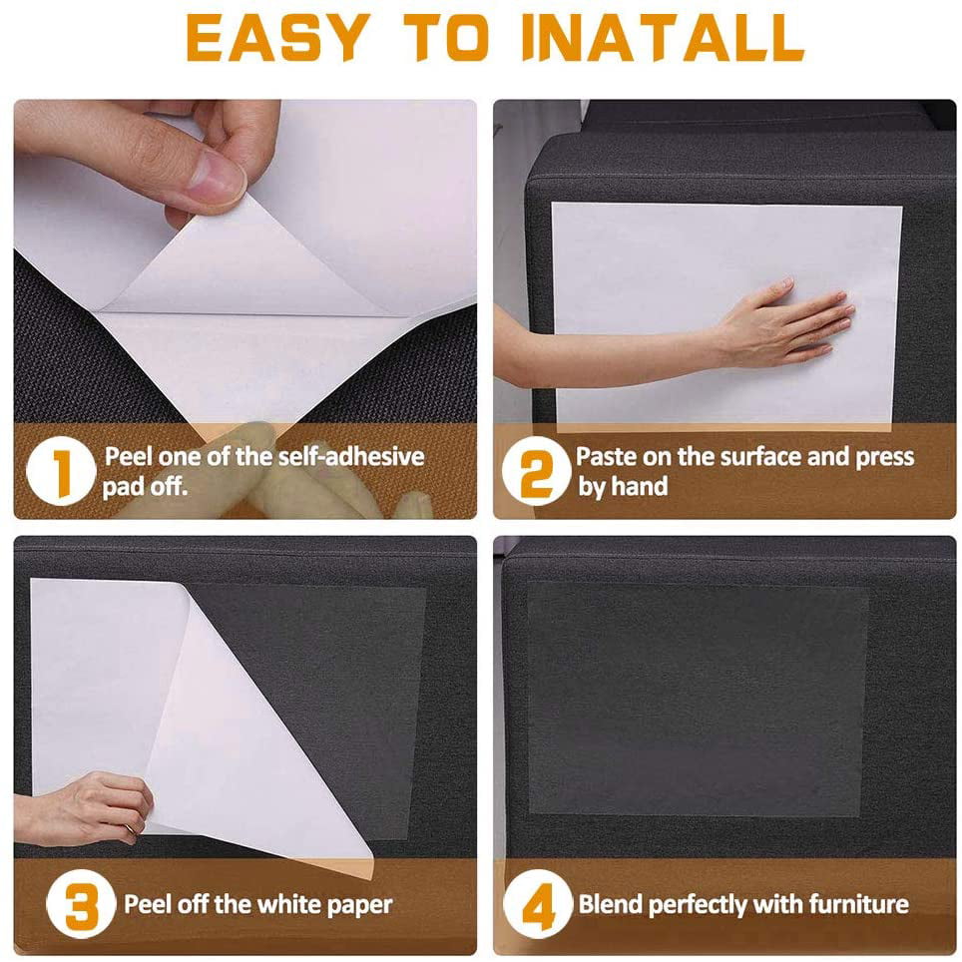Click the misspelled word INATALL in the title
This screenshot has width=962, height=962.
(663, 40)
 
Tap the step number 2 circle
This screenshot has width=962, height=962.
(535, 472)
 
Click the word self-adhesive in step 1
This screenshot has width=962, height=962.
(350, 457)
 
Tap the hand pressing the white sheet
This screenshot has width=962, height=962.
(788, 324)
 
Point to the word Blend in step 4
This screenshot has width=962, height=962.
(611, 905)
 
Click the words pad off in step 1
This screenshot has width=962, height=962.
(145, 488)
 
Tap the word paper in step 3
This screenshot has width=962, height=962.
(358, 905)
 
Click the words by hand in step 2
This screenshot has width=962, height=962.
(623, 488)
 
